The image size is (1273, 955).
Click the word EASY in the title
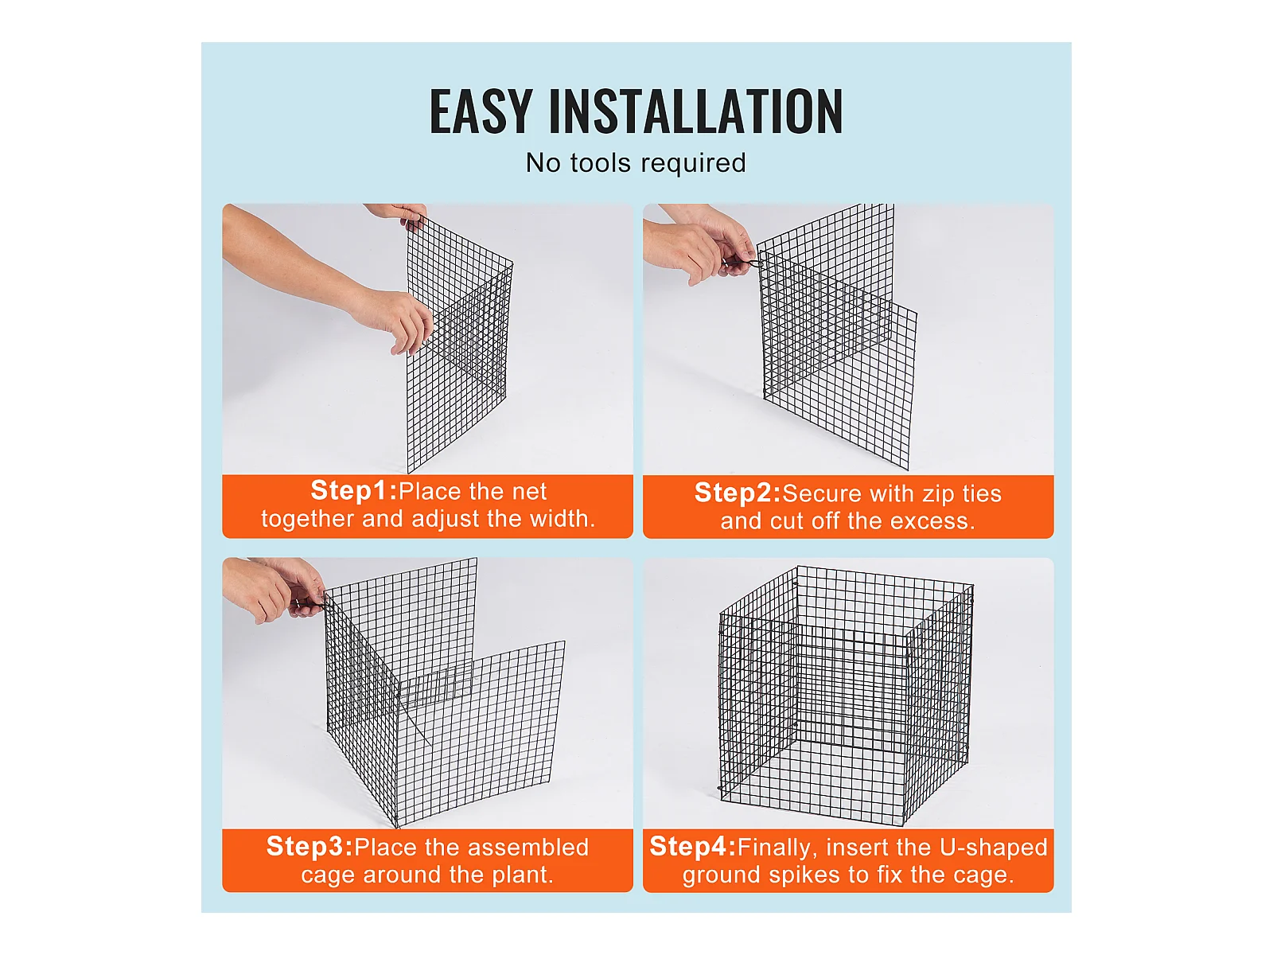(481, 111)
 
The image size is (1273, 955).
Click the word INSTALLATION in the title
(695, 111)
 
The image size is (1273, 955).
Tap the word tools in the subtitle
(600, 163)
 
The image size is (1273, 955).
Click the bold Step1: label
(354, 490)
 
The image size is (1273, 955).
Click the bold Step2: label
(738, 493)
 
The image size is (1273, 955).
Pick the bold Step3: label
(309, 847)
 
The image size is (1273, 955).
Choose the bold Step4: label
(693, 847)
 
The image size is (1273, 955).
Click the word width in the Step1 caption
(562, 518)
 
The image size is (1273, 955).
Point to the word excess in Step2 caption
(932, 522)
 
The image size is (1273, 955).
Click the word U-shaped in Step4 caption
(993, 848)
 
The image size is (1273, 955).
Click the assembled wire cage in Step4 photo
(847, 696)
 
